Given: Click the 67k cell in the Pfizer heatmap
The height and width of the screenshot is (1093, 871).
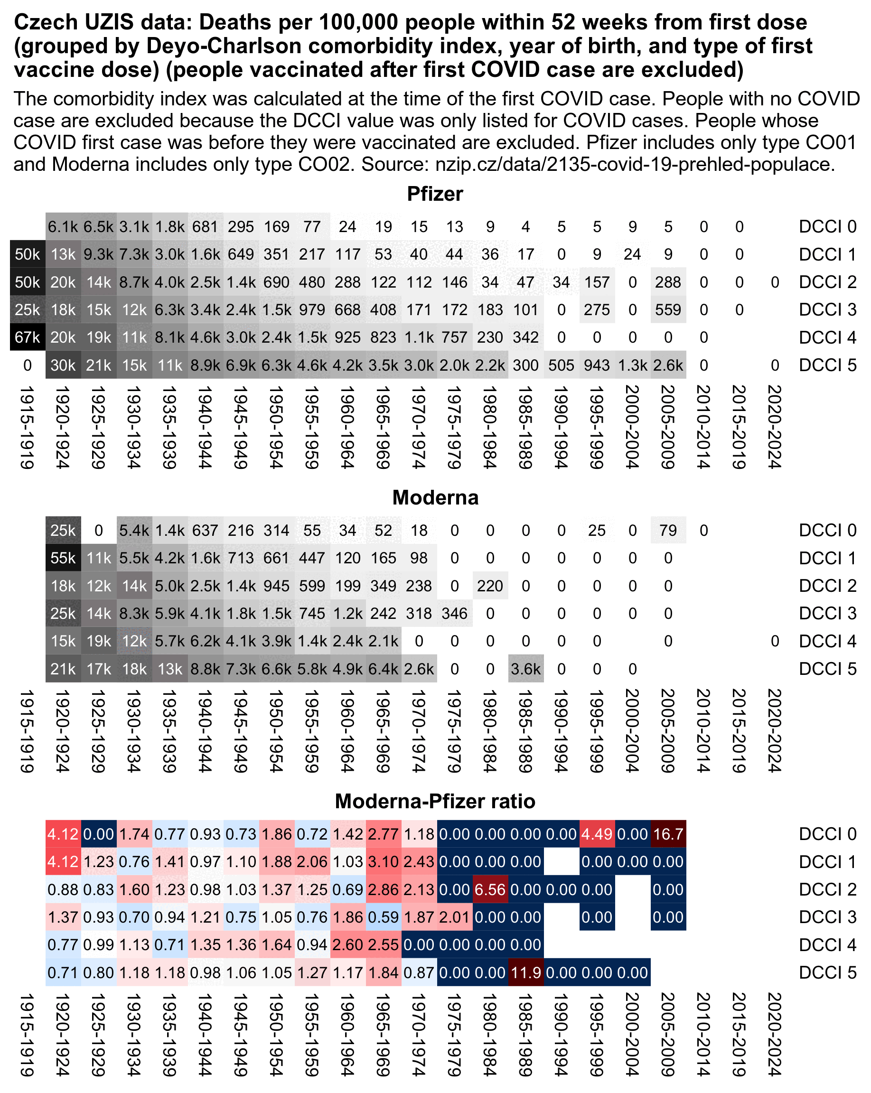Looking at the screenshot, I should (x=28, y=337).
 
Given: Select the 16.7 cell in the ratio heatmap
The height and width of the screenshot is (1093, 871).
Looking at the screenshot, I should (x=668, y=834).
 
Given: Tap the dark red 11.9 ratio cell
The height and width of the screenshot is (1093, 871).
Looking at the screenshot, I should (x=526, y=972).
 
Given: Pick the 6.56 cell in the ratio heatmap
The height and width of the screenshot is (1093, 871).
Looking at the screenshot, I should (x=490, y=889).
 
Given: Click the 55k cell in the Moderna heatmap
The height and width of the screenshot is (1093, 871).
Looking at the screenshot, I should (x=63, y=558).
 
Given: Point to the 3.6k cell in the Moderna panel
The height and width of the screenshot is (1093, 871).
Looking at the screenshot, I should (x=526, y=669).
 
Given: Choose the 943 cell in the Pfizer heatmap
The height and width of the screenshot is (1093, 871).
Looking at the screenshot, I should (x=597, y=365).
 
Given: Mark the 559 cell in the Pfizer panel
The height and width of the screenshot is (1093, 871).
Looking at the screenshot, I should (x=668, y=309).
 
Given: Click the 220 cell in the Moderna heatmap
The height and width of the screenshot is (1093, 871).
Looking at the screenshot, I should (x=490, y=586).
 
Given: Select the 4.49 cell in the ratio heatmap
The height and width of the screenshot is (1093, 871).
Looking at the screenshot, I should (x=597, y=834).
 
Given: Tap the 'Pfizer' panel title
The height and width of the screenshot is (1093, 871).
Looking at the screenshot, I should (x=435, y=194).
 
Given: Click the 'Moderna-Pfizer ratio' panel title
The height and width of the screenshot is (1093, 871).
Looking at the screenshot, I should (x=435, y=802).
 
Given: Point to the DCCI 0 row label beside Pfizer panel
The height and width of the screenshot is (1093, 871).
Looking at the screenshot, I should (x=827, y=226).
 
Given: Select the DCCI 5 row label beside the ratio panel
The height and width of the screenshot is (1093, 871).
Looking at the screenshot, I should (x=827, y=972).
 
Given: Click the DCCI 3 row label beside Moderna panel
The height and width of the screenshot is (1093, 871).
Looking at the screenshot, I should (x=827, y=613).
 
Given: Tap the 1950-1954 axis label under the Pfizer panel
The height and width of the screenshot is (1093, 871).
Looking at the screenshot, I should (x=276, y=427).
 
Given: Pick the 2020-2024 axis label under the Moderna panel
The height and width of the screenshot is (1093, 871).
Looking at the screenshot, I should (x=775, y=730).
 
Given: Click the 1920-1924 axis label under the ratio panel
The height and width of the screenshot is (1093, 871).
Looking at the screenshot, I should (x=63, y=1034).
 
